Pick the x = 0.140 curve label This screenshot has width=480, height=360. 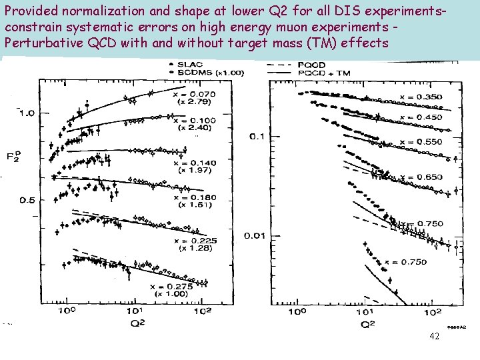click(193, 163)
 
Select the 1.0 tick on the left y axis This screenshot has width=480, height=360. click(27, 113)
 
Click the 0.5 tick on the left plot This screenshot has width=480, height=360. click(27, 201)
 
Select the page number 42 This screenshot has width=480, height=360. click(434, 337)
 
